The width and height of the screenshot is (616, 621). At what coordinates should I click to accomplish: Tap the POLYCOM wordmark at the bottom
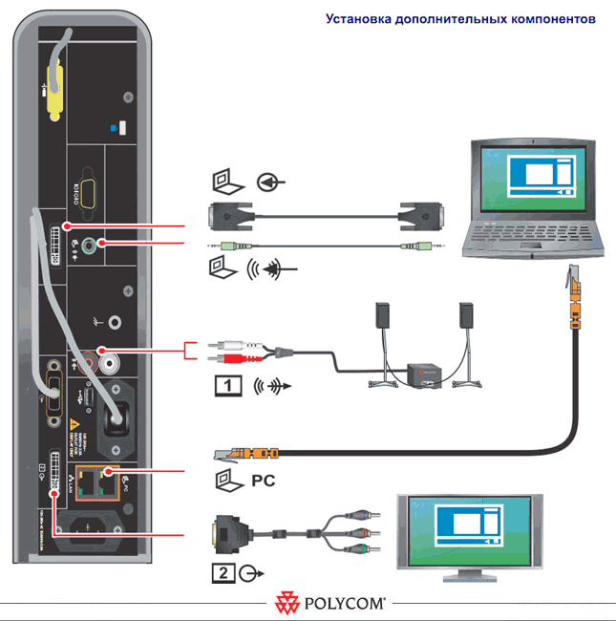[x=345, y=604]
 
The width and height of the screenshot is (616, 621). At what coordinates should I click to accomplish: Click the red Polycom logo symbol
[x=287, y=604]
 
